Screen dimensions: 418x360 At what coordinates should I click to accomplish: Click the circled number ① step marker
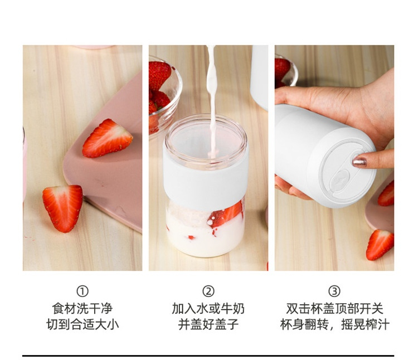click(82, 291)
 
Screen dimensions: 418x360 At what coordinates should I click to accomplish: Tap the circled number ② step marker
click(208, 291)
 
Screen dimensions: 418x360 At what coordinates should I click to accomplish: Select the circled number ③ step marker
click(334, 291)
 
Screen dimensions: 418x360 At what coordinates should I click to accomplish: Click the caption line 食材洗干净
click(82, 309)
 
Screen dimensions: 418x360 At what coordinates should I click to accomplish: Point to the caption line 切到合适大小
click(82, 324)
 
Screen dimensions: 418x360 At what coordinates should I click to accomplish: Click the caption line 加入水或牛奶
click(208, 309)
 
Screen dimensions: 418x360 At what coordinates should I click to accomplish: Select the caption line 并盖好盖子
click(208, 324)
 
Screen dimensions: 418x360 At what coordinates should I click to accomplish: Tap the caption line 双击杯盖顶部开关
click(334, 309)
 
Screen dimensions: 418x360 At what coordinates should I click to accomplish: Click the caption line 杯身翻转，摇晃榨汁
click(334, 324)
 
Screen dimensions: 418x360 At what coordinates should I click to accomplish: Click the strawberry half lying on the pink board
click(106, 139)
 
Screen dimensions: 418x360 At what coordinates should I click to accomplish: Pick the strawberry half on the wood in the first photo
click(63, 208)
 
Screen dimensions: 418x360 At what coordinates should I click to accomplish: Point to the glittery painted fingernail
click(359, 162)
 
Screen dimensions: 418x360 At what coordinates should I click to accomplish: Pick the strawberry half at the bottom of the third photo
click(380, 245)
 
